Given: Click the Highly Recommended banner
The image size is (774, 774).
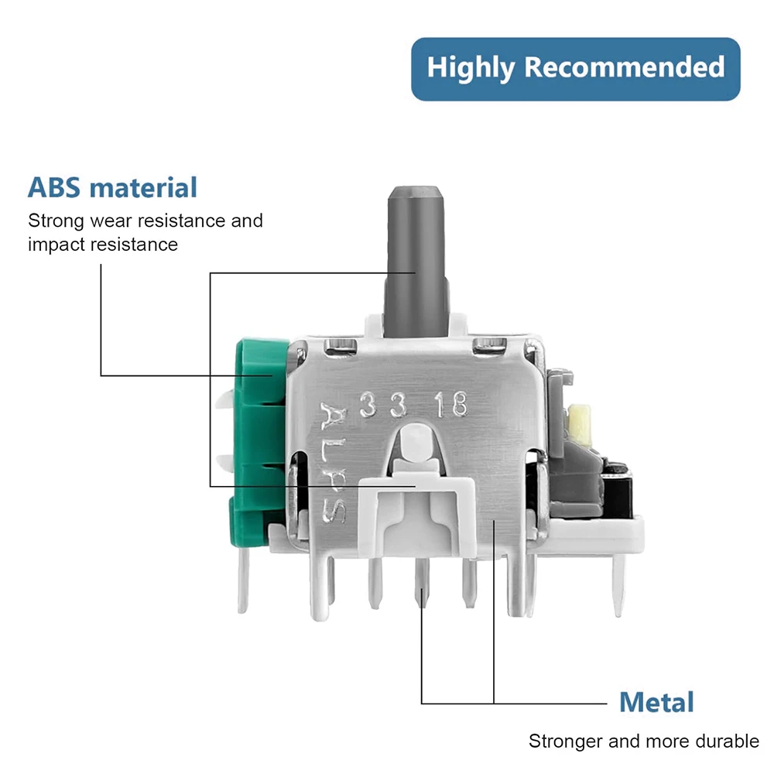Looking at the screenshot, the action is click(575, 68).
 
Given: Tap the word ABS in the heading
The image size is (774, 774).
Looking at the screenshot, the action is click(56, 188).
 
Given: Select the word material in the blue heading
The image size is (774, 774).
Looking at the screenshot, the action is click(144, 188).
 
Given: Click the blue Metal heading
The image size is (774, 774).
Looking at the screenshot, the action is click(656, 702).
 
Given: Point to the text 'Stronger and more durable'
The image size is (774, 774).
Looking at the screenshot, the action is click(643, 741).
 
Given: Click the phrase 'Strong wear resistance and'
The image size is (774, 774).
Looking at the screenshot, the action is click(146, 221).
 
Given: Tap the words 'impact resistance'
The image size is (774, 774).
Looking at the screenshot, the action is click(103, 245).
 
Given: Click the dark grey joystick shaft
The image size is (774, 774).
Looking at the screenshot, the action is click(417, 255).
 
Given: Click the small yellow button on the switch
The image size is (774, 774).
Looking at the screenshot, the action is click(577, 419).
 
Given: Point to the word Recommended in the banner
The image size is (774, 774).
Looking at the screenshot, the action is click(625, 68).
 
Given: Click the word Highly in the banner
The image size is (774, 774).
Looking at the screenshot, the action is click(471, 68).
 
